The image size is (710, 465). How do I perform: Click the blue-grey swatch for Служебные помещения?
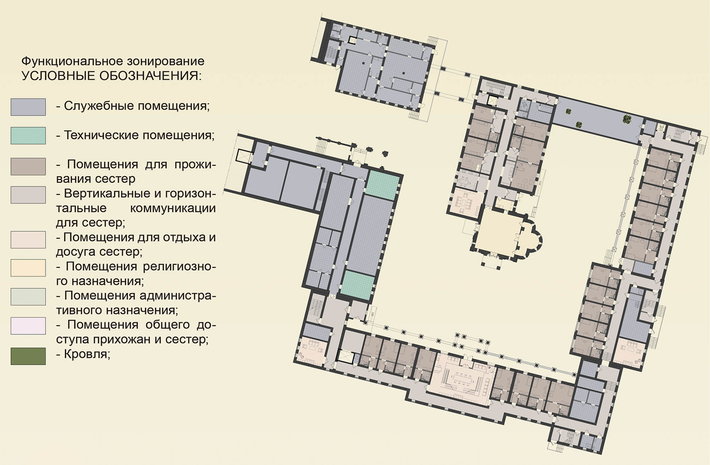tap(28, 107)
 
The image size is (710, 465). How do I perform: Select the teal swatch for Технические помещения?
tap(28, 135)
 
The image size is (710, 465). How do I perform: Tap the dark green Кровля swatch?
tap(28, 356)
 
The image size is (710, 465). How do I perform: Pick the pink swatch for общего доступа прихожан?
tap(28, 326)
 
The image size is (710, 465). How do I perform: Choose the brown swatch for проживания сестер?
tap(28, 166)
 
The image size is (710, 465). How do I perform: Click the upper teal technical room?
tap(383, 185)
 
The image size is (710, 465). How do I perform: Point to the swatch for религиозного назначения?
tap(28, 268)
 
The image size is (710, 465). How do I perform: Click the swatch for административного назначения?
tap(28, 297)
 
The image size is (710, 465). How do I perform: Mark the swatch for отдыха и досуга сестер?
tap(28, 240)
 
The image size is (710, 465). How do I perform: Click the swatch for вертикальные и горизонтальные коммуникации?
tap(28, 195)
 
